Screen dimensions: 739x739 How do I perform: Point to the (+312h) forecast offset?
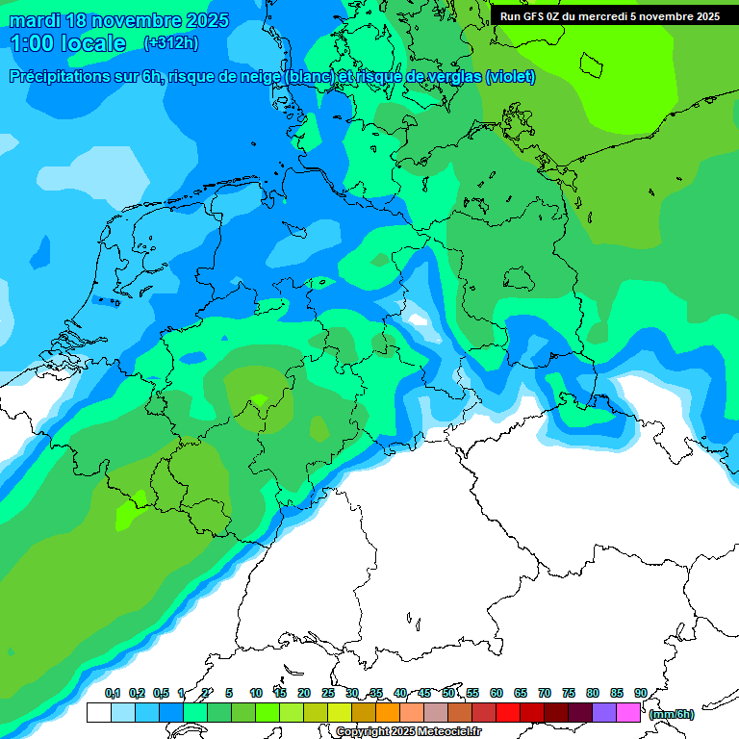tap(172, 43)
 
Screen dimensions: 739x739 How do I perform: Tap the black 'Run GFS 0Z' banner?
tap(609, 16)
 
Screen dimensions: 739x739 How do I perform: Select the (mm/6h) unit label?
tap(671, 714)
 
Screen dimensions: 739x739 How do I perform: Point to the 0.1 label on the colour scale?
tap(112, 694)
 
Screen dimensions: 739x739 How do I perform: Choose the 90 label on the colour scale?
tap(640, 694)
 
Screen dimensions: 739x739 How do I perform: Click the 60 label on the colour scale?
tap(497, 694)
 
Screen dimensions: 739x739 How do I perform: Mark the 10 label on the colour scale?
tap(256, 694)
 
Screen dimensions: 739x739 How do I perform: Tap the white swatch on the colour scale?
tap(98, 713)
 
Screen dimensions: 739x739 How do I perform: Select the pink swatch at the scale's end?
tap(628, 713)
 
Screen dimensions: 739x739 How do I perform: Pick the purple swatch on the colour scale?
tap(604, 713)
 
